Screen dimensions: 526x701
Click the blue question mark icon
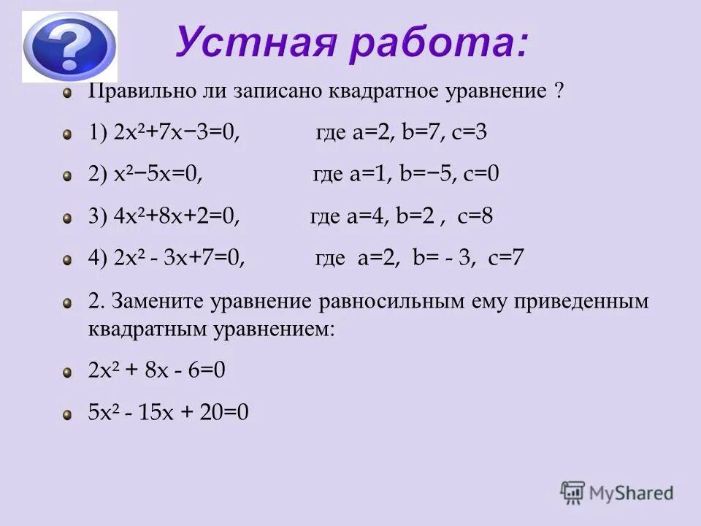pos(69,45)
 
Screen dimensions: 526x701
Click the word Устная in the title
pos(247,42)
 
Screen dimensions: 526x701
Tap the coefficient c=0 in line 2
pos(483,175)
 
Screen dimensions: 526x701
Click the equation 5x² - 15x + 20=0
pos(169,413)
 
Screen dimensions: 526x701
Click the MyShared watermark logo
pos(617,493)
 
